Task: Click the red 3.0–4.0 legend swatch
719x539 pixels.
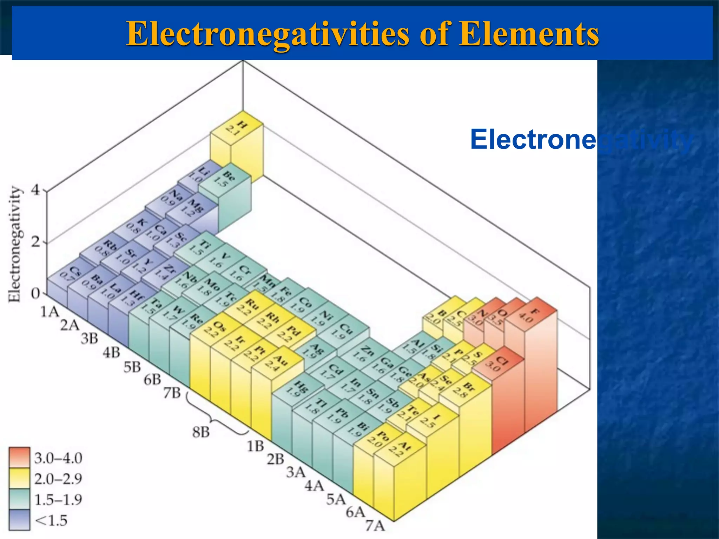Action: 20,458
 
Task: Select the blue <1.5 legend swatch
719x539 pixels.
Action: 20,520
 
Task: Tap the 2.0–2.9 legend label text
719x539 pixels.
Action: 58,479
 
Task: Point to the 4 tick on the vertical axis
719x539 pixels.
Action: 36,191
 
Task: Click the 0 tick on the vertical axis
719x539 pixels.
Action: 36,293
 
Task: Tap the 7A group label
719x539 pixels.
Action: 375,526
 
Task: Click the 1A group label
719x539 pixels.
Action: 50,311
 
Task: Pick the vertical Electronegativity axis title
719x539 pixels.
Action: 15,244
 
